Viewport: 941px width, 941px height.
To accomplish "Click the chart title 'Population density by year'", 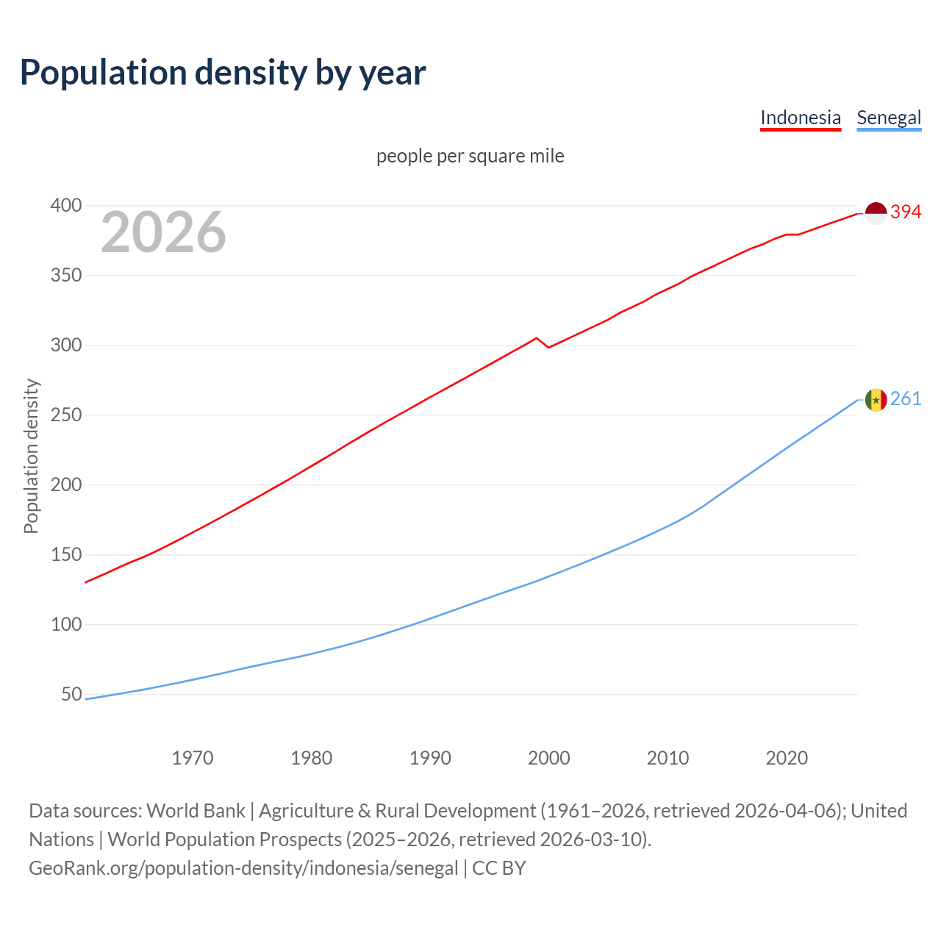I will [x=223, y=73].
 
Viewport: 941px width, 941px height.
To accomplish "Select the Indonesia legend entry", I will [x=800, y=118].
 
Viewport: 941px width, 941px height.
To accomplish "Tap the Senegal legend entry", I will [x=889, y=118].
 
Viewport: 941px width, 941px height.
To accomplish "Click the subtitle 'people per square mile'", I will [x=470, y=156].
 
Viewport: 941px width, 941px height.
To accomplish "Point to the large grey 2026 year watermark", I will [x=163, y=232].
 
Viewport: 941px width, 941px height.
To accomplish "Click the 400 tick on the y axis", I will [x=65, y=205].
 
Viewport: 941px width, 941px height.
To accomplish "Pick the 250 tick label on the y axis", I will [x=65, y=415].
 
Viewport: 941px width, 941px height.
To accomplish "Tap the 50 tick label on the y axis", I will [x=71, y=695].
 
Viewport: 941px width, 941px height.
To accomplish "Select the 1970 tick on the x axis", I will [x=193, y=758].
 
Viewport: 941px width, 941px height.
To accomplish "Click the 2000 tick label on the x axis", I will [x=548, y=758].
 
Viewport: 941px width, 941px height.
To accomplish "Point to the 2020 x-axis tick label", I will [x=787, y=758].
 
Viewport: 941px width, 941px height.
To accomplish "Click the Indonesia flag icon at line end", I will [x=876, y=212].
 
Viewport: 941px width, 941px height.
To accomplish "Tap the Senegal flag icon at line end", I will [x=876, y=400].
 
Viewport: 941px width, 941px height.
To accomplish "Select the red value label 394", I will [x=906, y=212].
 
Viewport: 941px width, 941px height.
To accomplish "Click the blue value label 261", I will [x=906, y=399].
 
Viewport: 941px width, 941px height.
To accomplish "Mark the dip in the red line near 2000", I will [x=548, y=346].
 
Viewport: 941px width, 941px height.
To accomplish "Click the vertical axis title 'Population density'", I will [x=31, y=456].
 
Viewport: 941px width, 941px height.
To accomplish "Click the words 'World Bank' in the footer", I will [x=196, y=811].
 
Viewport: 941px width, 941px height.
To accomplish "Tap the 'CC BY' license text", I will [x=499, y=868].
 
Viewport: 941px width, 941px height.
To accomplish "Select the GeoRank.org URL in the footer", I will [x=243, y=868].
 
